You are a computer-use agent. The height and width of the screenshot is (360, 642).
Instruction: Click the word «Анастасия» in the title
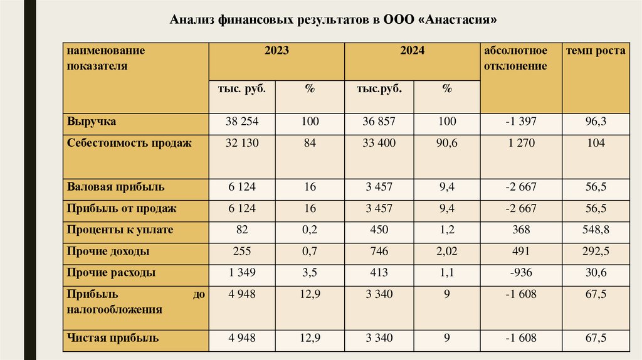pos(461,20)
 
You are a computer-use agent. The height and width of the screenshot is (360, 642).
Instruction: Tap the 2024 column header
pos(413,51)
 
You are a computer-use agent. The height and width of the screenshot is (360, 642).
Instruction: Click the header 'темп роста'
pos(596,51)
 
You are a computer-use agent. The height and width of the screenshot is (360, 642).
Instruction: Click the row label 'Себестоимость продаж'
pos(129,143)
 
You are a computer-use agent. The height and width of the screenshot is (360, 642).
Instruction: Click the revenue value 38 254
pos(242,122)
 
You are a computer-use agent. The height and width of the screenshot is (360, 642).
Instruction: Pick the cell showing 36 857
pos(379,122)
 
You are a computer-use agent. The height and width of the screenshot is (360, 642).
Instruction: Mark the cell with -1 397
pos(520,122)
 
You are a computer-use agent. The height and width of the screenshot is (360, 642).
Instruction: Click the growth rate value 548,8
pos(596,230)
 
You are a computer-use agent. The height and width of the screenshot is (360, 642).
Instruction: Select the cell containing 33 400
pos(379,143)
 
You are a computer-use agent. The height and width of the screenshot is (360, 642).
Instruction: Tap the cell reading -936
pos(520,273)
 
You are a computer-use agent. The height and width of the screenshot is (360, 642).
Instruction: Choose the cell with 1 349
pos(242,273)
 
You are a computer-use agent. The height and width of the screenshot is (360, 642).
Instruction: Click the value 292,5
pos(596,251)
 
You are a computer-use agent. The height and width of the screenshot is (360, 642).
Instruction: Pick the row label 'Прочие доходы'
pos(108,251)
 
